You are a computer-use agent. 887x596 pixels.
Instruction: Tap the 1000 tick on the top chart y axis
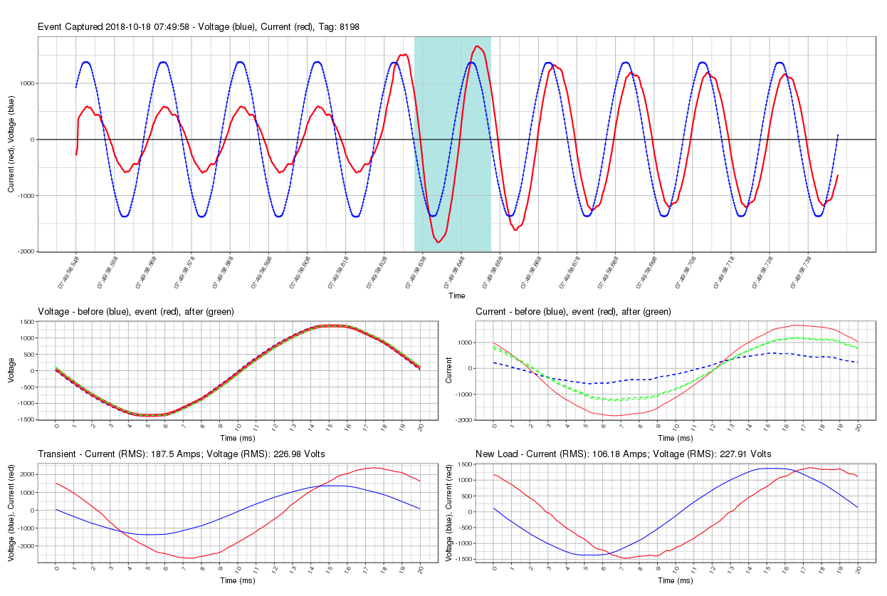point(26,83)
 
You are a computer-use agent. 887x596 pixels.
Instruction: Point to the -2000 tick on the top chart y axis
point(25,251)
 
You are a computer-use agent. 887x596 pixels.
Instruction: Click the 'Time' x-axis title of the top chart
point(457,296)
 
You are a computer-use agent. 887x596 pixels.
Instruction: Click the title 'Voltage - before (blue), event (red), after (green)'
point(136,312)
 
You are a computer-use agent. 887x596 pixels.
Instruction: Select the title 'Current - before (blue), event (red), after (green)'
point(573,312)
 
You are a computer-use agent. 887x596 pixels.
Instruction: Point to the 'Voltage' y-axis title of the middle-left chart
point(11,370)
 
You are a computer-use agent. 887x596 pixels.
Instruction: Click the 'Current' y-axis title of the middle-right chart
point(450,370)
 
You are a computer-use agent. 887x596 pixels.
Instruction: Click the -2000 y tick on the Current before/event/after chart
point(463,420)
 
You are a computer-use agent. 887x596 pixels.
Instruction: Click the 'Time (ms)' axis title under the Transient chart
point(238,580)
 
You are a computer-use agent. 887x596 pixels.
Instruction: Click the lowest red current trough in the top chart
point(438,242)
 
